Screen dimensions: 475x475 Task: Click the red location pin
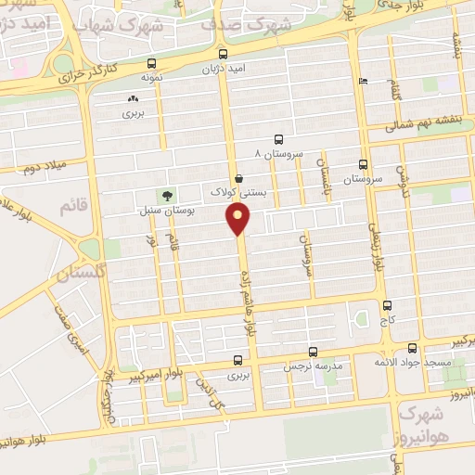[x=239, y=219]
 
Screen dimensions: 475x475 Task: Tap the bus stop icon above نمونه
[x=151, y=64]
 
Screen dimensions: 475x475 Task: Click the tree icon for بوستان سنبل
[x=167, y=195]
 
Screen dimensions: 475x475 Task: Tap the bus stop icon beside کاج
[x=386, y=304]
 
